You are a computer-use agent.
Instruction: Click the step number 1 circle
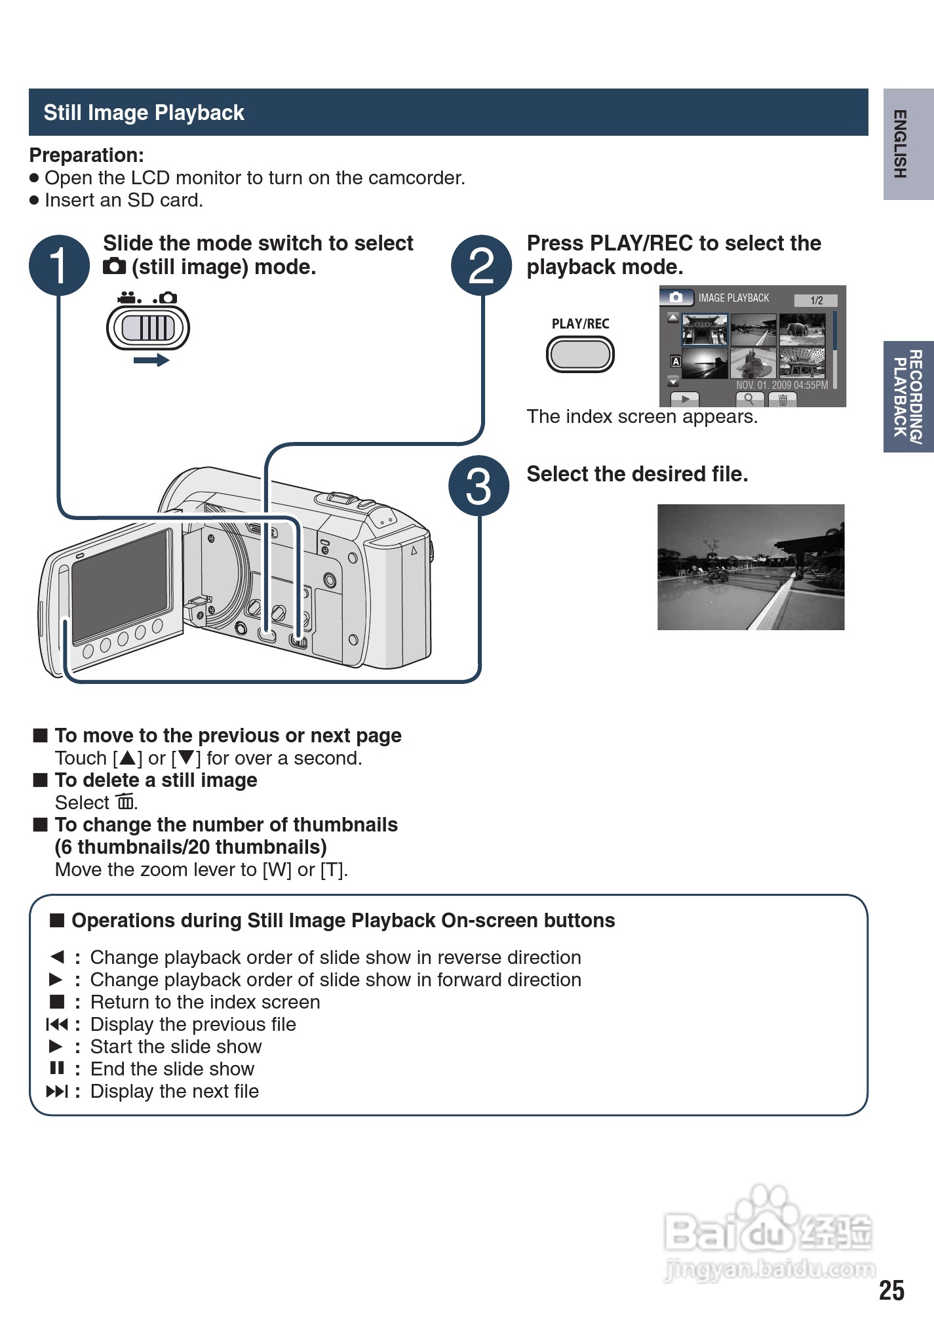point(59,266)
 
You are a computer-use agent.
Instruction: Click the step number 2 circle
point(482,266)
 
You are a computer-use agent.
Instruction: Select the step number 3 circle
point(478,486)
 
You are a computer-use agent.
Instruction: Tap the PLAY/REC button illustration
point(580,355)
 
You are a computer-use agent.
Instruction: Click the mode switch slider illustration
point(148,328)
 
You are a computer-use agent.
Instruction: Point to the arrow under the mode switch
point(151,360)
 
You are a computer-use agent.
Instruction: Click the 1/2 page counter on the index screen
point(816,300)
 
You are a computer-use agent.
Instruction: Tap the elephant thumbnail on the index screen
point(802,330)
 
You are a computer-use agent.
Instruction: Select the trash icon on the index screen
point(783,399)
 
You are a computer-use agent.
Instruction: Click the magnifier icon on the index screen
point(749,399)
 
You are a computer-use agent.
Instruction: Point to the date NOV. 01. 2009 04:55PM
point(782,385)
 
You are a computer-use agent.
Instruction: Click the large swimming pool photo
point(750,567)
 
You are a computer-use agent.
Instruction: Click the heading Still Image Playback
point(144,113)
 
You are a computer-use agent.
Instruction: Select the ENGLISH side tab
point(908,144)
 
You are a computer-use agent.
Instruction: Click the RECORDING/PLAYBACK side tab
point(908,397)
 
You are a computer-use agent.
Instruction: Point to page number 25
point(891,1290)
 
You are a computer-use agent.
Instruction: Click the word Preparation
point(86,155)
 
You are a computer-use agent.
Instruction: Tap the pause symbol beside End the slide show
point(57,1068)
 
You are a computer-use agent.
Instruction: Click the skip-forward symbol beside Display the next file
point(57,1091)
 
